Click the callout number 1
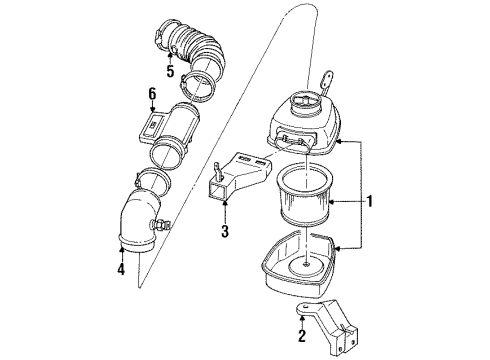(370, 201)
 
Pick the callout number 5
(171, 72)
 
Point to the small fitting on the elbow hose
(157, 226)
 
